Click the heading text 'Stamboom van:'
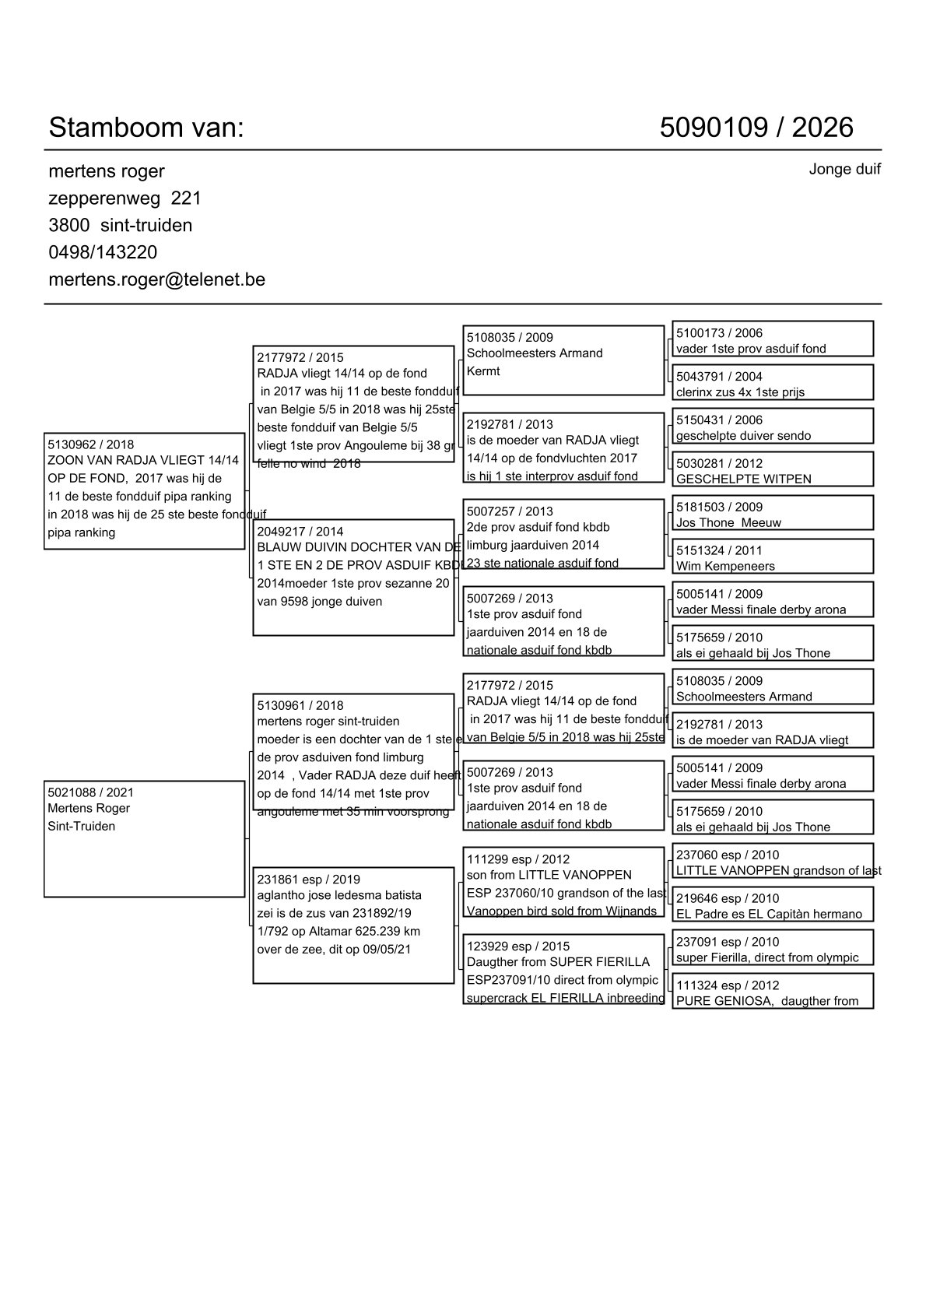pos(146,128)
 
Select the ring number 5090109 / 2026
pos(756,128)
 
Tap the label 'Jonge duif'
pos(844,170)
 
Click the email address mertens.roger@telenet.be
pos(156,279)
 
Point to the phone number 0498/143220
pos(103,252)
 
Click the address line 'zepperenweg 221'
pos(125,198)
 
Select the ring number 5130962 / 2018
pos(90,445)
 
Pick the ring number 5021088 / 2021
pos(90,792)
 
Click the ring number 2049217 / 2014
pos(300,532)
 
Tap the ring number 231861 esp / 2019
pos(308,880)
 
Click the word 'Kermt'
pos(483,371)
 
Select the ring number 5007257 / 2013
pos(510,511)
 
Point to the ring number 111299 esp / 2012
pos(518,859)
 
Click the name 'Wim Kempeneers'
pos(725,567)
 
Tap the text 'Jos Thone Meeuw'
pos(728,523)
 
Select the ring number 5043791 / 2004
pos(719,377)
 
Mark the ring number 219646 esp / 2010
pos(728,899)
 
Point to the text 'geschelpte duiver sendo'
pos(743,436)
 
